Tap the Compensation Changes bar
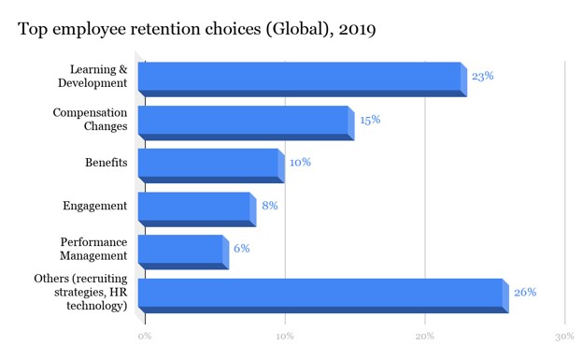(x=244, y=122)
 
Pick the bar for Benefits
(x=208, y=165)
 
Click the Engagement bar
(x=194, y=208)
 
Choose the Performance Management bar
(x=180, y=251)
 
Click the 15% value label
(x=370, y=120)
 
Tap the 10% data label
(x=300, y=163)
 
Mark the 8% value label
(x=270, y=206)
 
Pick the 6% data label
(x=241, y=249)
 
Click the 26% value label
(x=525, y=292)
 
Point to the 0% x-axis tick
(x=144, y=335)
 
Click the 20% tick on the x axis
(x=425, y=335)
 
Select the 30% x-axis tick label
(x=564, y=335)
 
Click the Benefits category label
(x=106, y=164)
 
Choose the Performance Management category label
(x=93, y=249)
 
